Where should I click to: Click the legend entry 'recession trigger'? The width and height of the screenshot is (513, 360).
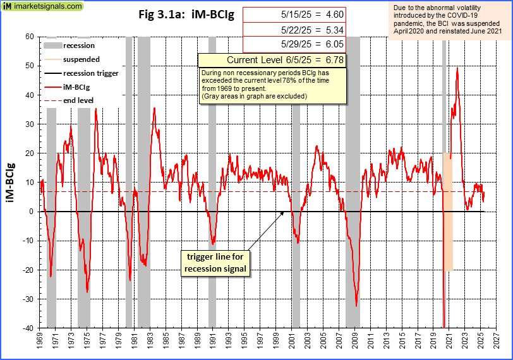coord(91,73)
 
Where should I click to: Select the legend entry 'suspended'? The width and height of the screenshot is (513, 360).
coord(81,59)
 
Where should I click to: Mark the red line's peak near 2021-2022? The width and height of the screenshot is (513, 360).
coord(457,68)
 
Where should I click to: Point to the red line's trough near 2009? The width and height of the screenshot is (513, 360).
coord(356,306)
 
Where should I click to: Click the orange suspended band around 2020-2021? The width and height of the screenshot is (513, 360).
coord(447,212)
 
